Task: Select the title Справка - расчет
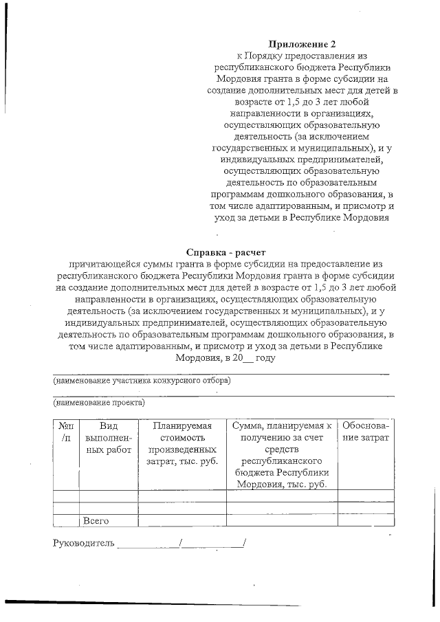(x=226, y=252)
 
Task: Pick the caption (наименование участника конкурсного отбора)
(x=142, y=380)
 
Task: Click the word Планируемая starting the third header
(x=181, y=426)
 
